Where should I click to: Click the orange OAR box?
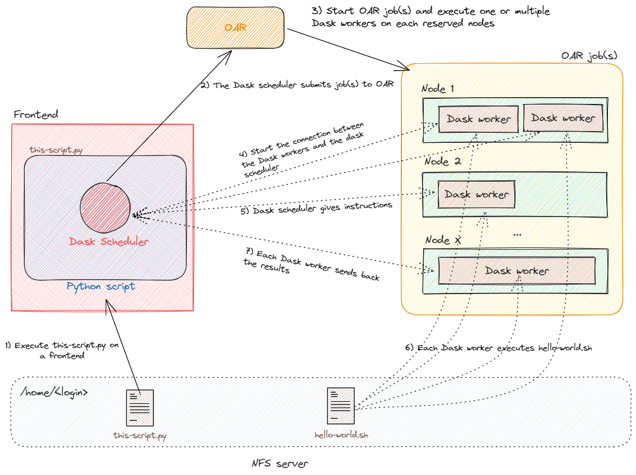(235, 28)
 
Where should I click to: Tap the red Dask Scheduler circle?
(106, 207)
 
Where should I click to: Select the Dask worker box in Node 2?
(476, 194)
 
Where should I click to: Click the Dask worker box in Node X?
(516, 271)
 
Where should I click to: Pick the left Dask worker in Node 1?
(478, 119)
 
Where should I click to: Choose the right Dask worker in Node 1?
(563, 118)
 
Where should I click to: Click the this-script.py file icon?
(140, 408)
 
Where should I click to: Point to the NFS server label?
(279, 463)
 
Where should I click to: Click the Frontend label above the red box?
(36, 115)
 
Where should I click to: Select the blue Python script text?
(101, 287)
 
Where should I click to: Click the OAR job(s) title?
(589, 56)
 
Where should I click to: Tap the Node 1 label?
(438, 89)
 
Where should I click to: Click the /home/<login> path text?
(54, 393)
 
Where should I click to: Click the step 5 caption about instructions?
(316, 209)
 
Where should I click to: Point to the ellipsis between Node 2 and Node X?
(518, 234)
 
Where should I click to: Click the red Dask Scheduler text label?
(109, 241)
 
